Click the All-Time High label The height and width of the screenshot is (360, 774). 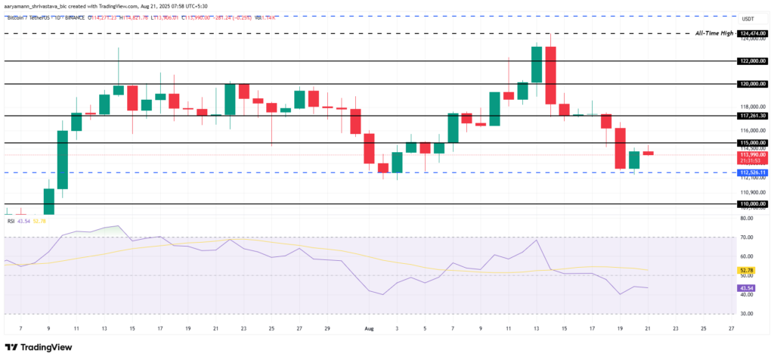714,33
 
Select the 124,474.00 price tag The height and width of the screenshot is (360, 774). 753,33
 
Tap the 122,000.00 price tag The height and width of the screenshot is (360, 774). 753,61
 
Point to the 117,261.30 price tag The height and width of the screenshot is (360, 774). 753,116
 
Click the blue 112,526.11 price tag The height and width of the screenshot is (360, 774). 753,172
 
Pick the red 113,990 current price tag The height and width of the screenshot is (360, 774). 753,154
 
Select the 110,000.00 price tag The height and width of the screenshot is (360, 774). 753,204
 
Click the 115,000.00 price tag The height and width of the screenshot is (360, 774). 753,142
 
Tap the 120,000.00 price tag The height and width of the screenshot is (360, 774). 753,84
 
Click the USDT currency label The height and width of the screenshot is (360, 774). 748,19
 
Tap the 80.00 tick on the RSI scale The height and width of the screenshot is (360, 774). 748,219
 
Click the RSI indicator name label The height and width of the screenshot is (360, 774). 11,221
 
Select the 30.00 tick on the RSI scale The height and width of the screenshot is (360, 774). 748,313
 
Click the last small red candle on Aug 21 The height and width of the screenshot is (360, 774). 648,153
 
